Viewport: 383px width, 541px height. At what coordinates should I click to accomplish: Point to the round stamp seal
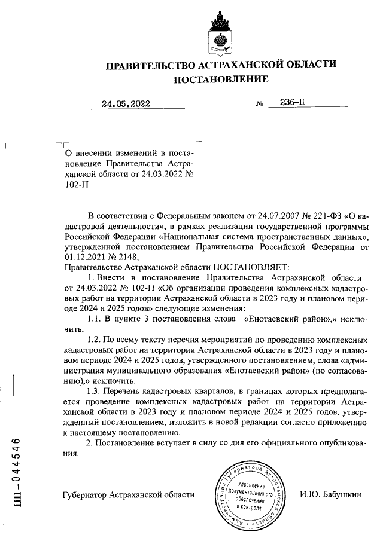tap(250, 494)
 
